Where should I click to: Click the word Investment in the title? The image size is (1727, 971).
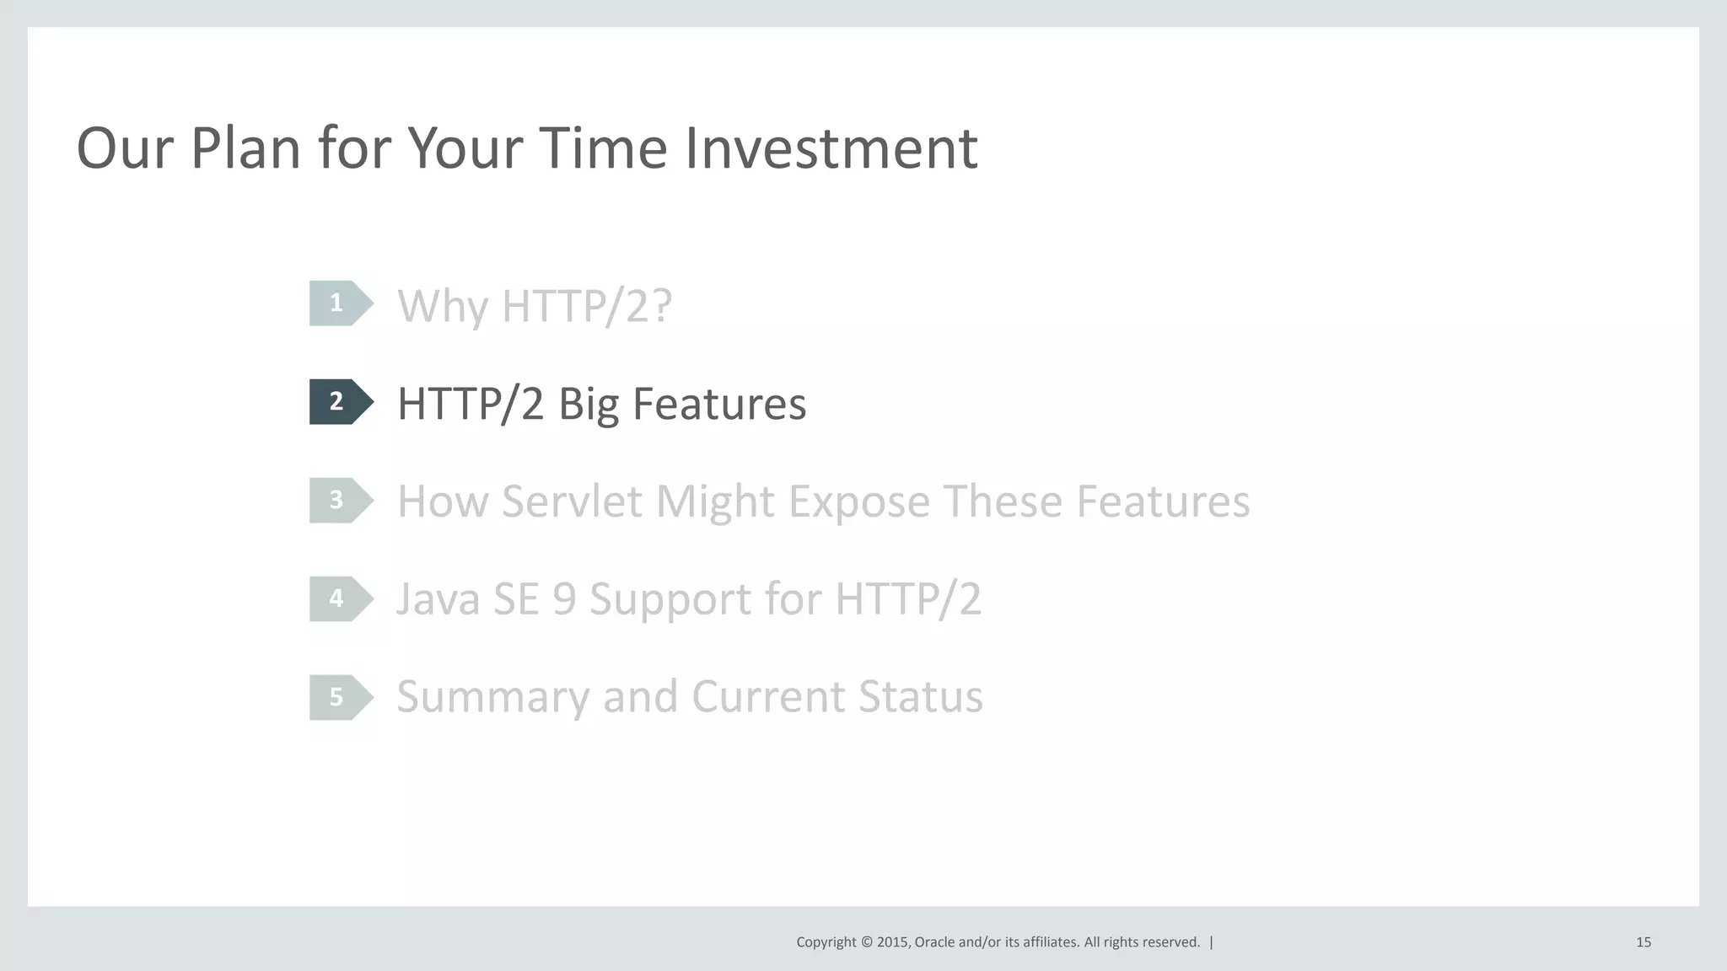click(x=831, y=148)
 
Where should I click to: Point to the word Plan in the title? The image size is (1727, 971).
click(x=245, y=148)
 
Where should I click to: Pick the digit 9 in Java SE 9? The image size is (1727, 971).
click(x=564, y=599)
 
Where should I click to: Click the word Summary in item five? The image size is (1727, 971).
click(x=492, y=698)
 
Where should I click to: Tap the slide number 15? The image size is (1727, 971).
click(x=1643, y=942)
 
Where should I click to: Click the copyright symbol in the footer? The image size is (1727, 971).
click(x=865, y=942)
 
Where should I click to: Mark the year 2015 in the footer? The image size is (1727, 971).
click(x=892, y=942)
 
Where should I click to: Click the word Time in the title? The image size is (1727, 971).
click(x=602, y=148)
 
